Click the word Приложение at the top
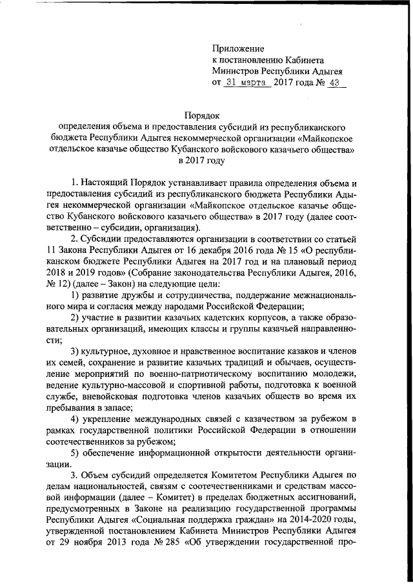(x=239, y=48)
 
